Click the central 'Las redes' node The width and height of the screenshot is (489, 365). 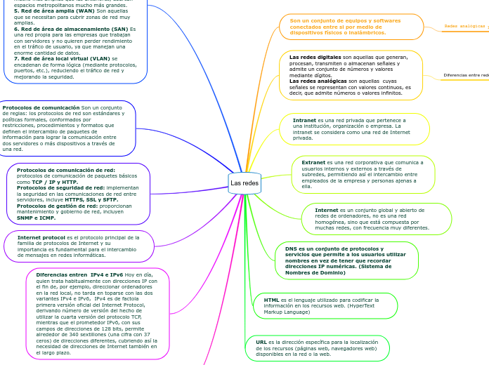[244, 183]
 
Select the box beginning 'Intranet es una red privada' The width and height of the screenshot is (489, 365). [354, 129]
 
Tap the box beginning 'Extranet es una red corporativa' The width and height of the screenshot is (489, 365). [363, 175]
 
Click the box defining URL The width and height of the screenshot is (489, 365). [317, 348]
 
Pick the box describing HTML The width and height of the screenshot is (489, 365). [325, 305]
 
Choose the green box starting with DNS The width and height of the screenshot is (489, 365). [346, 260]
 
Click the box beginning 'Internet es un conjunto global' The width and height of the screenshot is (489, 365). [377, 219]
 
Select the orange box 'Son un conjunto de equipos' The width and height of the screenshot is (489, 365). [351, 27]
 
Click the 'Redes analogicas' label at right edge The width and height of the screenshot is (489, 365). [464, 27]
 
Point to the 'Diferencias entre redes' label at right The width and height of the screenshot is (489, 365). [465, 74]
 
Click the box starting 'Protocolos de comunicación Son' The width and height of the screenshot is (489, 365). [67, 128]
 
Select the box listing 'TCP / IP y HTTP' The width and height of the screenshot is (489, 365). [78, 194]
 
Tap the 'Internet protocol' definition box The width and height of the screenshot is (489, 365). [79, 246]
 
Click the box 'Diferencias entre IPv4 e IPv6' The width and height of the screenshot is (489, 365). [97, 313]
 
